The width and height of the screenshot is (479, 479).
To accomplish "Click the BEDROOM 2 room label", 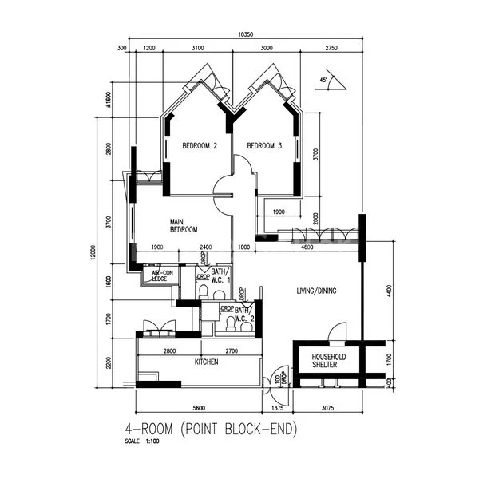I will tap(200, 146).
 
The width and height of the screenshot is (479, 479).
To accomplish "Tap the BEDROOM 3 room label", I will tap(264, 146).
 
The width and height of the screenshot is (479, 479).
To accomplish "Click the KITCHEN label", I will tap(207, 362).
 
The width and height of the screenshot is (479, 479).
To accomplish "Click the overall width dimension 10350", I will tap(245, 34).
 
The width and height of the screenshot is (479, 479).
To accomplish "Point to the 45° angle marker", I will tap(324, 81).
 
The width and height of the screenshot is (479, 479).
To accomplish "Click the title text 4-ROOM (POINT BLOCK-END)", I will tap(211, 429).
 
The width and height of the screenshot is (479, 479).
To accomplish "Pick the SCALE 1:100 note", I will tap(141, 441).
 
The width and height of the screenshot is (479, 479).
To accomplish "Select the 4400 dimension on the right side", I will tap(390, 293).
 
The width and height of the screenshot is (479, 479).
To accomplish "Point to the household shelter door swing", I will tap(338, 331).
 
